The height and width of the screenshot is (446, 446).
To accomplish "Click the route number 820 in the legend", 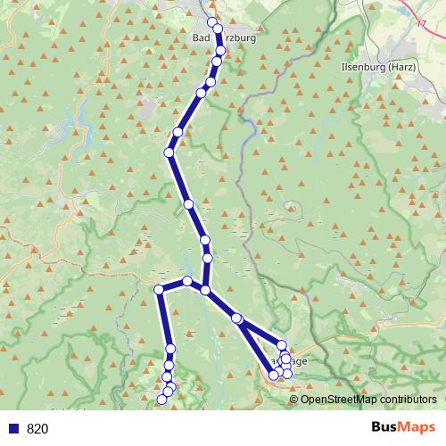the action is click(x=37, y=428).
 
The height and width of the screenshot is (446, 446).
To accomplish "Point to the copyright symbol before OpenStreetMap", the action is click(x=294, y=399).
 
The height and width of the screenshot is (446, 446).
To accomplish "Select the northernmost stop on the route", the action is click(x=211, y=22).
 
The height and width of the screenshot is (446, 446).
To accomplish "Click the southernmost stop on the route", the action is click(x=161, y=400).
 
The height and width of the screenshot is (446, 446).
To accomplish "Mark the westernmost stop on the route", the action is click(x=159, y=289).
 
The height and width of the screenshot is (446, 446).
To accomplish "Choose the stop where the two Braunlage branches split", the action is click(x=236, y=318).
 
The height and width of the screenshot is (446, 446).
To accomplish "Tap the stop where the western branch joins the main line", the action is click(x=205, y=290).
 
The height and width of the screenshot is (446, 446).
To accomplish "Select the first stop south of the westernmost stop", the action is click(x=170, y=348).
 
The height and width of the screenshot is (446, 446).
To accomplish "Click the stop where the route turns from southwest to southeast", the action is click(x=169, y=153).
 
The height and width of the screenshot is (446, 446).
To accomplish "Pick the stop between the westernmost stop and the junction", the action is click(x=187, y=282).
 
